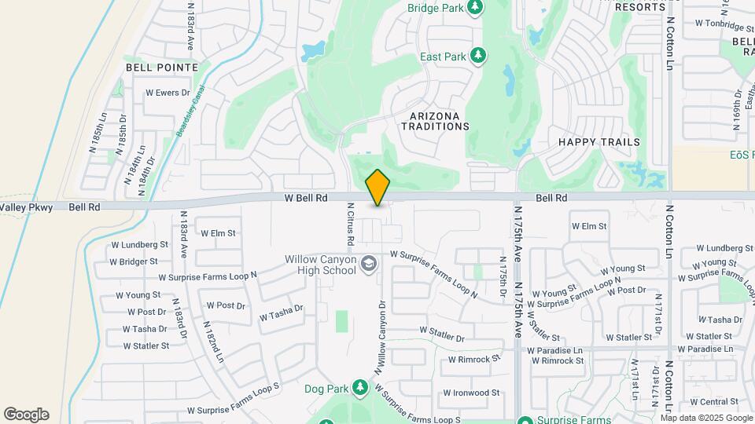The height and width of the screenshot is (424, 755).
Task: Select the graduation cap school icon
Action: click(x=367, y=266)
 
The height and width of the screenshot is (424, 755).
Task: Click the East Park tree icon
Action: click(x=477, y=56)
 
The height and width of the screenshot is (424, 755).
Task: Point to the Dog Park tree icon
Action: click(x=360, y=388)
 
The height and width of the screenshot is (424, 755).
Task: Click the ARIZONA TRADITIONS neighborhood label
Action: click(x=440, y=120)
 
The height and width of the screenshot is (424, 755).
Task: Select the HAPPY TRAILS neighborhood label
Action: click(x=599, y=142)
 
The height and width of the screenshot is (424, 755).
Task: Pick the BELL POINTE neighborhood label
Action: click(x=162, y=68)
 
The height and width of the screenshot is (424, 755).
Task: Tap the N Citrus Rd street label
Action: click(x=351, y=224)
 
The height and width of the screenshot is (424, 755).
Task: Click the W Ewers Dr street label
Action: click(x=168, y=93)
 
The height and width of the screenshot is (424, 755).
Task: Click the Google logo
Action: click(x=26, y=415)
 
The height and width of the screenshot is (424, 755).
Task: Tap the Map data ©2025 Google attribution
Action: click(x=695, y=418)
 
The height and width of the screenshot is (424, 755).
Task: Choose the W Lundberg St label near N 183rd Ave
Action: click(x=142, y=246)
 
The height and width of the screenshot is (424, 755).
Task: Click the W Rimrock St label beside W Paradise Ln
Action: click(x=558, y=361)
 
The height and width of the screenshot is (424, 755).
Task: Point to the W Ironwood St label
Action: click(x=471, y=393)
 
